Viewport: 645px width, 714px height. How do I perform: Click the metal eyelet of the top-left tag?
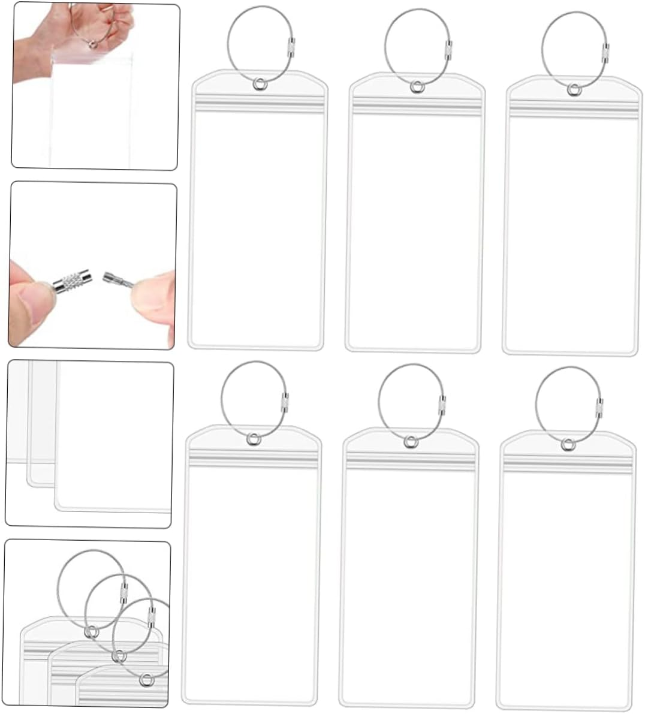pos(259,85)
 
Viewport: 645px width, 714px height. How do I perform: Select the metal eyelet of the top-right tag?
pos(574,89)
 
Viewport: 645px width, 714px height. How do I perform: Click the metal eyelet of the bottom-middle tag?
pos(411,442)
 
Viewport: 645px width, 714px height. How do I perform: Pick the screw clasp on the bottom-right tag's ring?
pos(599,406)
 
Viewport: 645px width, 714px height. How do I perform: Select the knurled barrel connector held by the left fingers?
pos(71,281)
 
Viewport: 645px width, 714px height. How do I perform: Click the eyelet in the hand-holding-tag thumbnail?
pos(92,43)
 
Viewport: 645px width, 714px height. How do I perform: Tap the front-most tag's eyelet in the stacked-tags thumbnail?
pos(145,679)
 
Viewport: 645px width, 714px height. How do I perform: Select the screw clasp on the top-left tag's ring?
pos(291,46)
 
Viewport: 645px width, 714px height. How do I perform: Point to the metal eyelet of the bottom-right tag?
pos(568,444)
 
